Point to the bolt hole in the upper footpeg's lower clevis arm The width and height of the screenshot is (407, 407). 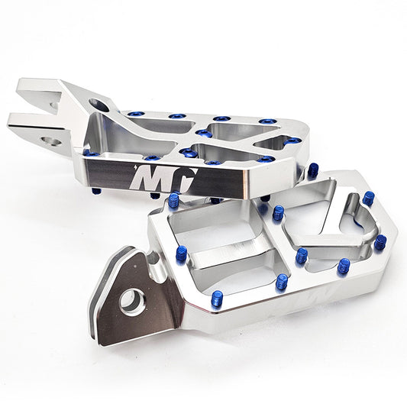pyautogui.click(x=52, y=141)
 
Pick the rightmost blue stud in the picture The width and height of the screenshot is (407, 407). pyautogui.click(x=380, y=243)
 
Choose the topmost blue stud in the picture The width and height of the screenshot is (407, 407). pyautogui.click(x=134, y=115)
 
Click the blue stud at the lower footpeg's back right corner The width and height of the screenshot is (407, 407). pyautogui.click(x=368, y=198)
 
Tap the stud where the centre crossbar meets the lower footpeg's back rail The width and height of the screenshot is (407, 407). pyautogui.click(x=278, y=212)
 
